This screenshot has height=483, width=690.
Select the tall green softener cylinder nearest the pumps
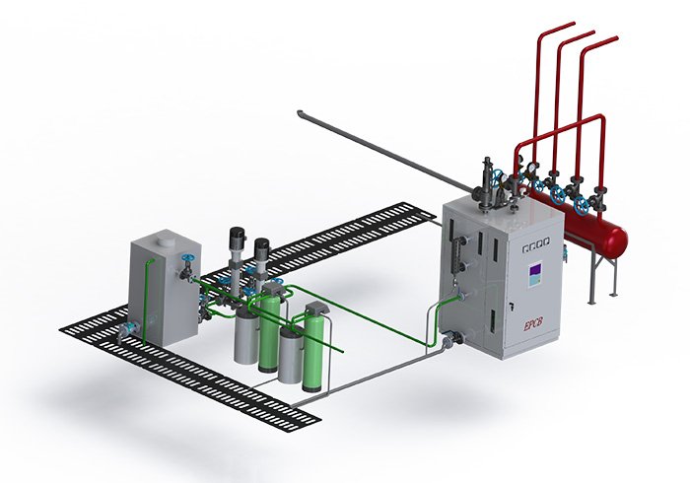point(268,330)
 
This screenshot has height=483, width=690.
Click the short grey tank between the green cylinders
point(290,355)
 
